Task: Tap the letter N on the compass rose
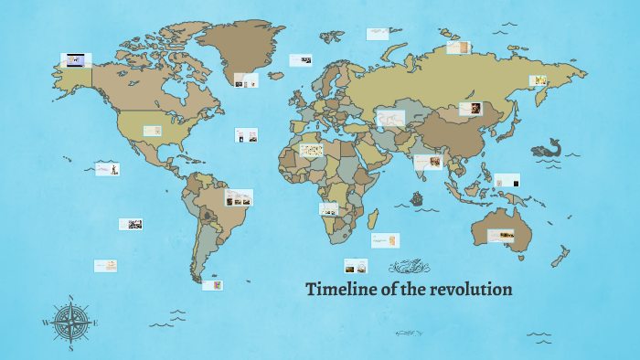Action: point(70,298)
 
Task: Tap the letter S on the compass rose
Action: point(70,348)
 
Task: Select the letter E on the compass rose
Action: point(95,323)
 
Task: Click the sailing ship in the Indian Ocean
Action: point(418,197)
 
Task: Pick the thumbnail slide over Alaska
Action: point(75,60)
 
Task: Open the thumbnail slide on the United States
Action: point(152,131)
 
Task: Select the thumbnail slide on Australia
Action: point(500,236)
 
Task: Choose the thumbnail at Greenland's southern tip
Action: point(245,80)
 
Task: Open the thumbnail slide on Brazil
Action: point(239,197)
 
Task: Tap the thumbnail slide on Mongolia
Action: point(471,109)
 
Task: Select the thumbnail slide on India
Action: point(428,162)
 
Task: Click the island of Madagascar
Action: point(372,219)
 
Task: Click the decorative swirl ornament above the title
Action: point(409,267)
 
